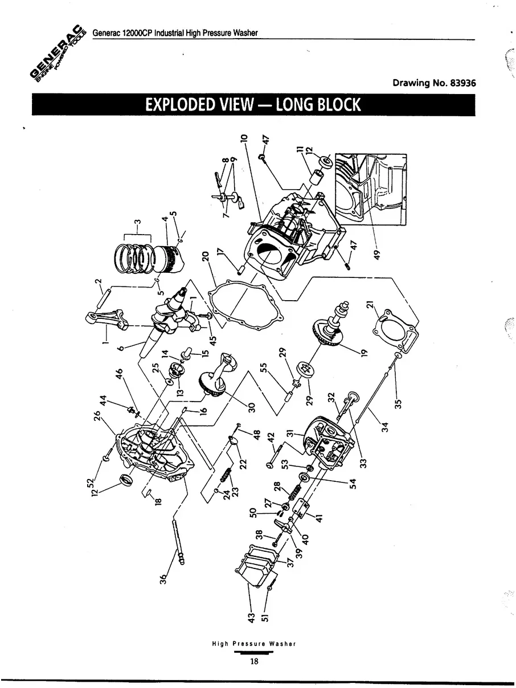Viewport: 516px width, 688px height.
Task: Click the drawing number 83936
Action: [462, 83]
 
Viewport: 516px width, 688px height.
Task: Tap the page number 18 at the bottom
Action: [254, 661]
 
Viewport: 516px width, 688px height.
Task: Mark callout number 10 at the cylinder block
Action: [244, 137]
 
